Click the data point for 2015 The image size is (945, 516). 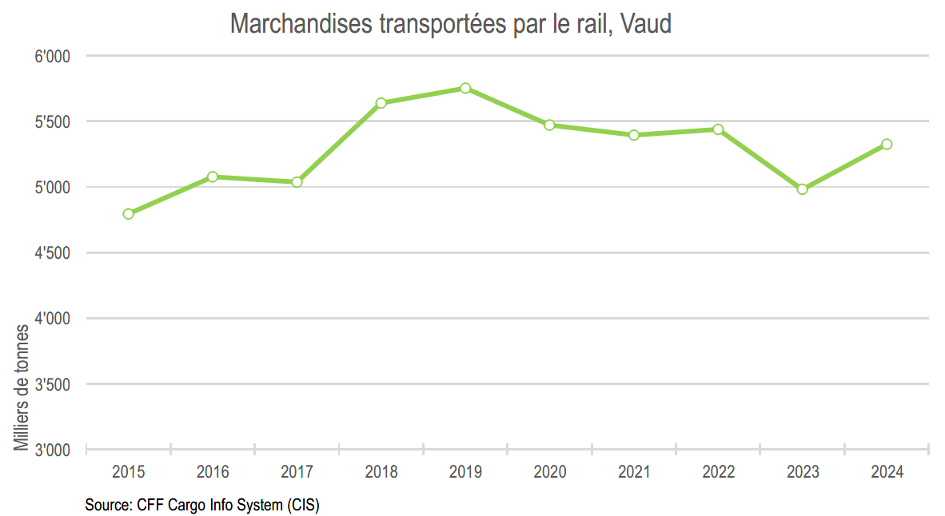pyautogui.click(x=128, y=213)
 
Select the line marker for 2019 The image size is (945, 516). pyautogui.click(x=465, y=88)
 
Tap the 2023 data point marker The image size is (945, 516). pyautogui.click(x=802, y=189)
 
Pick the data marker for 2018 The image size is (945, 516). pyautogui.click(x=381, y=103)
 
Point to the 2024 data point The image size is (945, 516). pyautogui.click(x=887, y=145)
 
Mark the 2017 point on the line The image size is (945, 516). pyautogui.click(x=297, y=182)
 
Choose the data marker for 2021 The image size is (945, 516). pyautogui.click(x=634, y=135)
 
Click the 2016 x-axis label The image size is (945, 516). pyautogui.click(x=213, y=472)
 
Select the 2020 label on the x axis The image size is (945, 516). pyautogui.click(x=549, y=472)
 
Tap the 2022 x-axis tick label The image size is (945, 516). pyautogui.click(x=718, y=472)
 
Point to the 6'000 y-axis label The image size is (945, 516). pyautogui.click(x=53, y=58)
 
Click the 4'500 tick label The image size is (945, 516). pyautogui.click(x=53, y=253)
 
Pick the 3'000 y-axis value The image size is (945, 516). pyautogui.click(x=53, y=451)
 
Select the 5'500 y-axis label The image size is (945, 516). pyautogui.click(x=53, y=123)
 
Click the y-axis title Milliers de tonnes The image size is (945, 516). pyautogui.click(x=22, y=387)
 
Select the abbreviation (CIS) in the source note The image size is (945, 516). pyautogui.click(x=303, y=506)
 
